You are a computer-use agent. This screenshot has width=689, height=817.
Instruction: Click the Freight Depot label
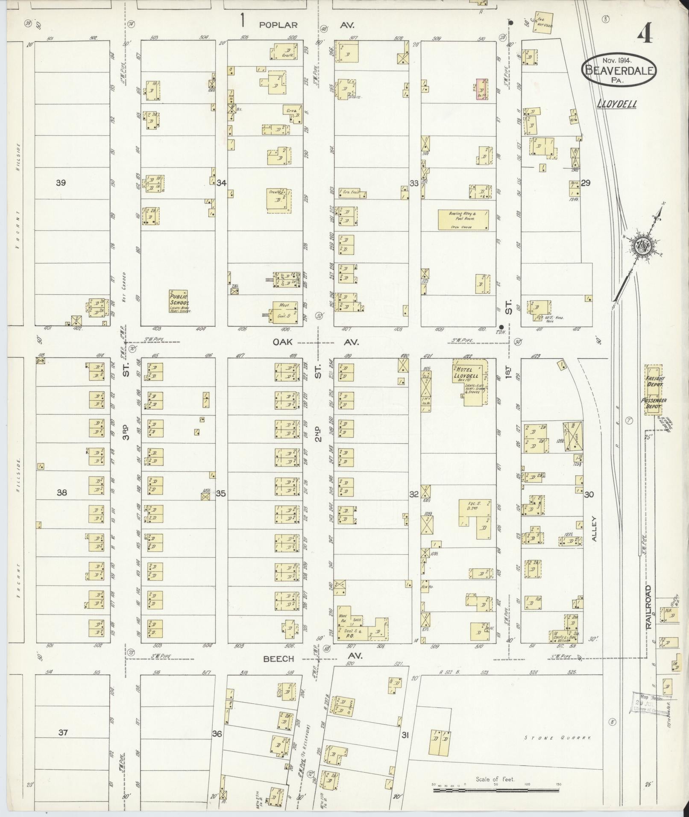(654, 381)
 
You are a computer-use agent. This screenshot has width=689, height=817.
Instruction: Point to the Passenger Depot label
(654, 403)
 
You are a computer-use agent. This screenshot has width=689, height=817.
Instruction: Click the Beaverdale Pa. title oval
(619, 70)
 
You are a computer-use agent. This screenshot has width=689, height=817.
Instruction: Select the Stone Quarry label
(557, 738)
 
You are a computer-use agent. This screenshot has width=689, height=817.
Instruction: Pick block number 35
(220, 494)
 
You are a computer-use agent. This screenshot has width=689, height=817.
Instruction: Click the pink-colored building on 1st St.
(482, 89)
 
